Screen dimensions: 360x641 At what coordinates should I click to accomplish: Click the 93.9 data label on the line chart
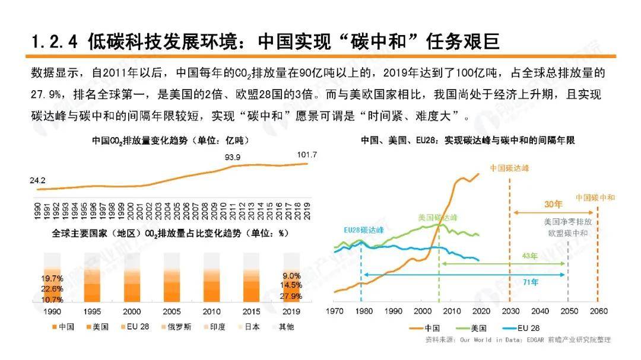232,158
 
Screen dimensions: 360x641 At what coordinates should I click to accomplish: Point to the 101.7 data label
307,155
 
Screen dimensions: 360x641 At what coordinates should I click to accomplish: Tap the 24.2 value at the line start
37,180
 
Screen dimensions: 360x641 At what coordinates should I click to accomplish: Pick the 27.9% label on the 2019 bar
291,296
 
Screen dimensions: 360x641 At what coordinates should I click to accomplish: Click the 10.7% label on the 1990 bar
52,300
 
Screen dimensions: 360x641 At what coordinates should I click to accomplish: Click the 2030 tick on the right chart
510,311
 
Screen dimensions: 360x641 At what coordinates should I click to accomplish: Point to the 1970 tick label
335,311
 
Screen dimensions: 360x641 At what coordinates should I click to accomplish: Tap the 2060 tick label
598,311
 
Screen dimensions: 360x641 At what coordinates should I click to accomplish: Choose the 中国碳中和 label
595,197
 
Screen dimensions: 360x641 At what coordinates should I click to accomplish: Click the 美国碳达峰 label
438,218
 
